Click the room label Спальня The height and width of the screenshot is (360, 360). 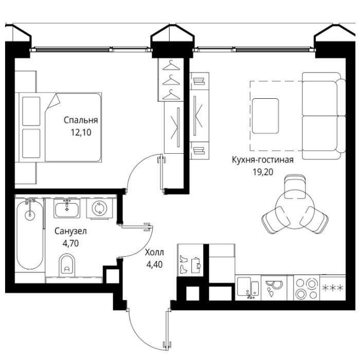pyautogui.click(x=81, y=120)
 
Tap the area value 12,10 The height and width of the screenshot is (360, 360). pyautogui.click(x=81, y=133)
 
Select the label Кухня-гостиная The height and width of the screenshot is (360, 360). pyautogui.click(x=263, y=160)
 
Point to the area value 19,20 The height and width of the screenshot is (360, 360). pyautogui.click(x=263, y=172)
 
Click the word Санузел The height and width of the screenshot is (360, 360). pyautogui.click(x=71, y=231)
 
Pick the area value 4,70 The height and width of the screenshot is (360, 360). pyautogui.click(x=71, y=243)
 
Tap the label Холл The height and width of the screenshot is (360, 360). pyautogui.click(x=154, y=253)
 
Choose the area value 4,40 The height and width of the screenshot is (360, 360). pyautogui.click(x=154, y=264)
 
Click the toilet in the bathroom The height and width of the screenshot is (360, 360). pyautogui.click(x=67, y=265)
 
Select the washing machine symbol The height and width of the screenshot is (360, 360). pyautogui.click(x=100, y=208)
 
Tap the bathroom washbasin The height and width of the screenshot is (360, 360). pyautogui.click(x=67, y=208)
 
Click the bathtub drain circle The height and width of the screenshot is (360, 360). pyautogui.click(x=30, y=215)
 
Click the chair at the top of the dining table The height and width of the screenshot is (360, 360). pyautogui.click(x=295, y=186)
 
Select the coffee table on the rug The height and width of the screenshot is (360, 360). pyautogui.click(x=265, y=116)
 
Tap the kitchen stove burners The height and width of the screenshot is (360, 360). pyautogui.click(x=307, y=288)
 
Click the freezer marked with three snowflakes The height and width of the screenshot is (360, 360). pyautogui.click(x=333, y=287)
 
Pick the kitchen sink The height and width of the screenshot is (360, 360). pyautogui.click(x=248, y=287)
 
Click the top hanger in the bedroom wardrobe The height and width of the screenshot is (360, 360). pyautogui.click(x=171, y=65)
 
